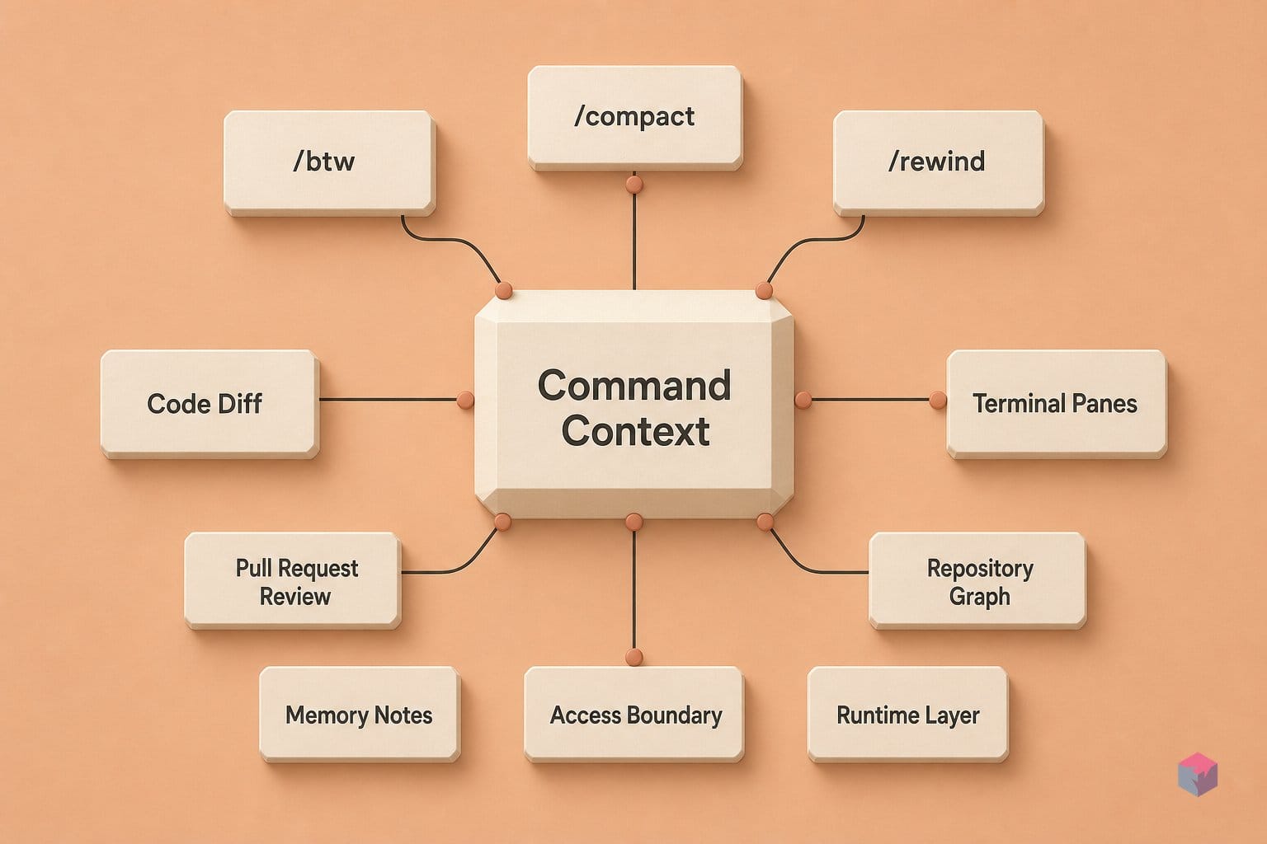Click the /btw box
329,163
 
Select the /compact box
634,118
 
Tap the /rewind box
939,163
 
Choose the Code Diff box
210,404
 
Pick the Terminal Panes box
1057,404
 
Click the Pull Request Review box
293,580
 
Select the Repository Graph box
977,580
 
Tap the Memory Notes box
360,715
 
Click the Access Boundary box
634,715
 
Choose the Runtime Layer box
908,715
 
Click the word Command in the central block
634,386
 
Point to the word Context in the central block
635,431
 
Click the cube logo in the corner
1198,774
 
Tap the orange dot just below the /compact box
634,185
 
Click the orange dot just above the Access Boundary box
634,657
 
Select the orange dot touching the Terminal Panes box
938,400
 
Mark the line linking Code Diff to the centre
389,400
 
